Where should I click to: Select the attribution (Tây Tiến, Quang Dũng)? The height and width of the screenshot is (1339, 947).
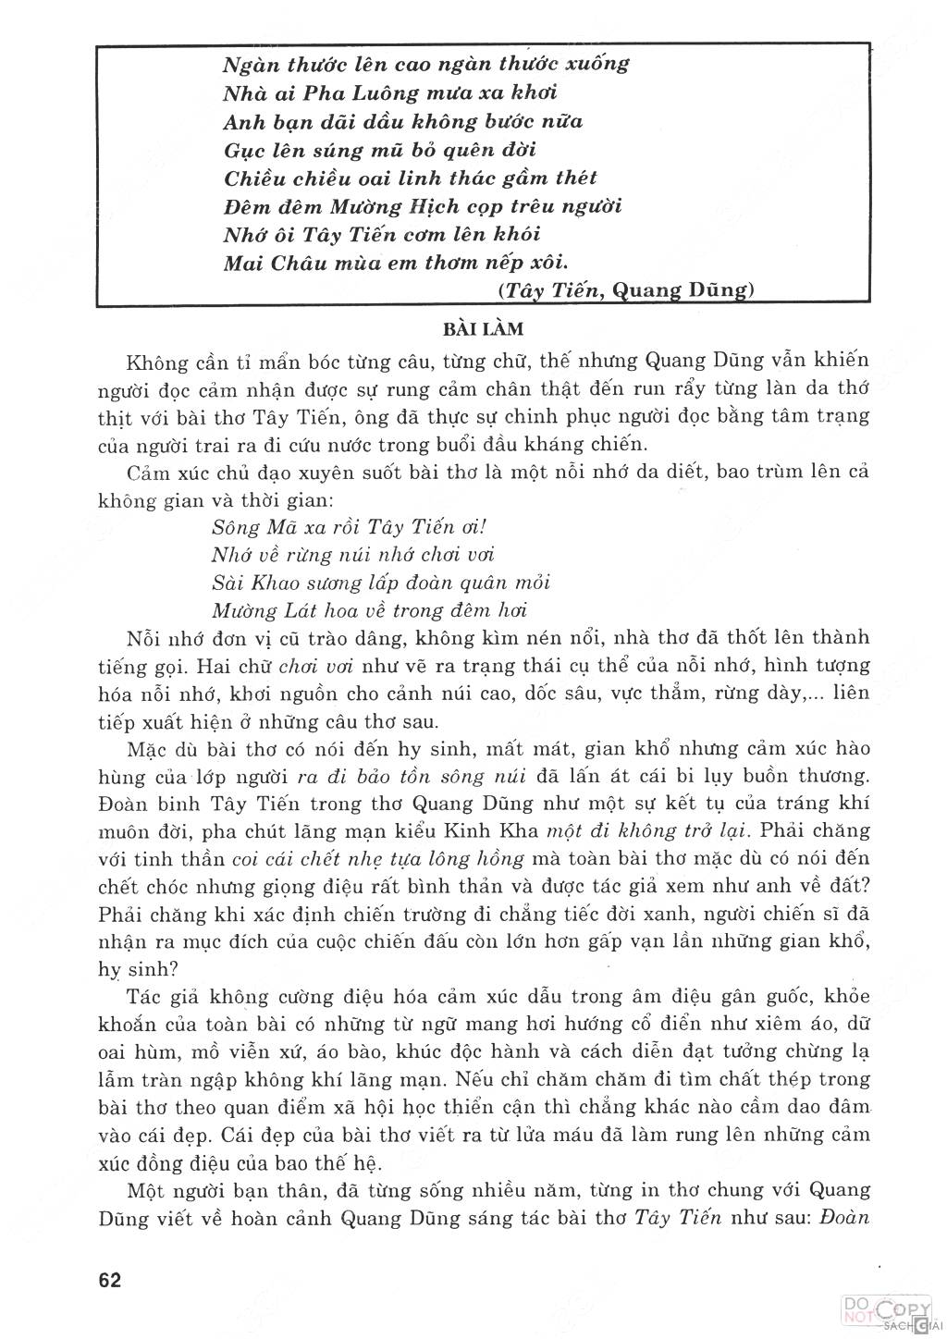click(626, 290)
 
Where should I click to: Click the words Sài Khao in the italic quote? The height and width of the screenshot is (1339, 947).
click(248, 583)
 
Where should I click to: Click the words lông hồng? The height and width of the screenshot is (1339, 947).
click(483, 857)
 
